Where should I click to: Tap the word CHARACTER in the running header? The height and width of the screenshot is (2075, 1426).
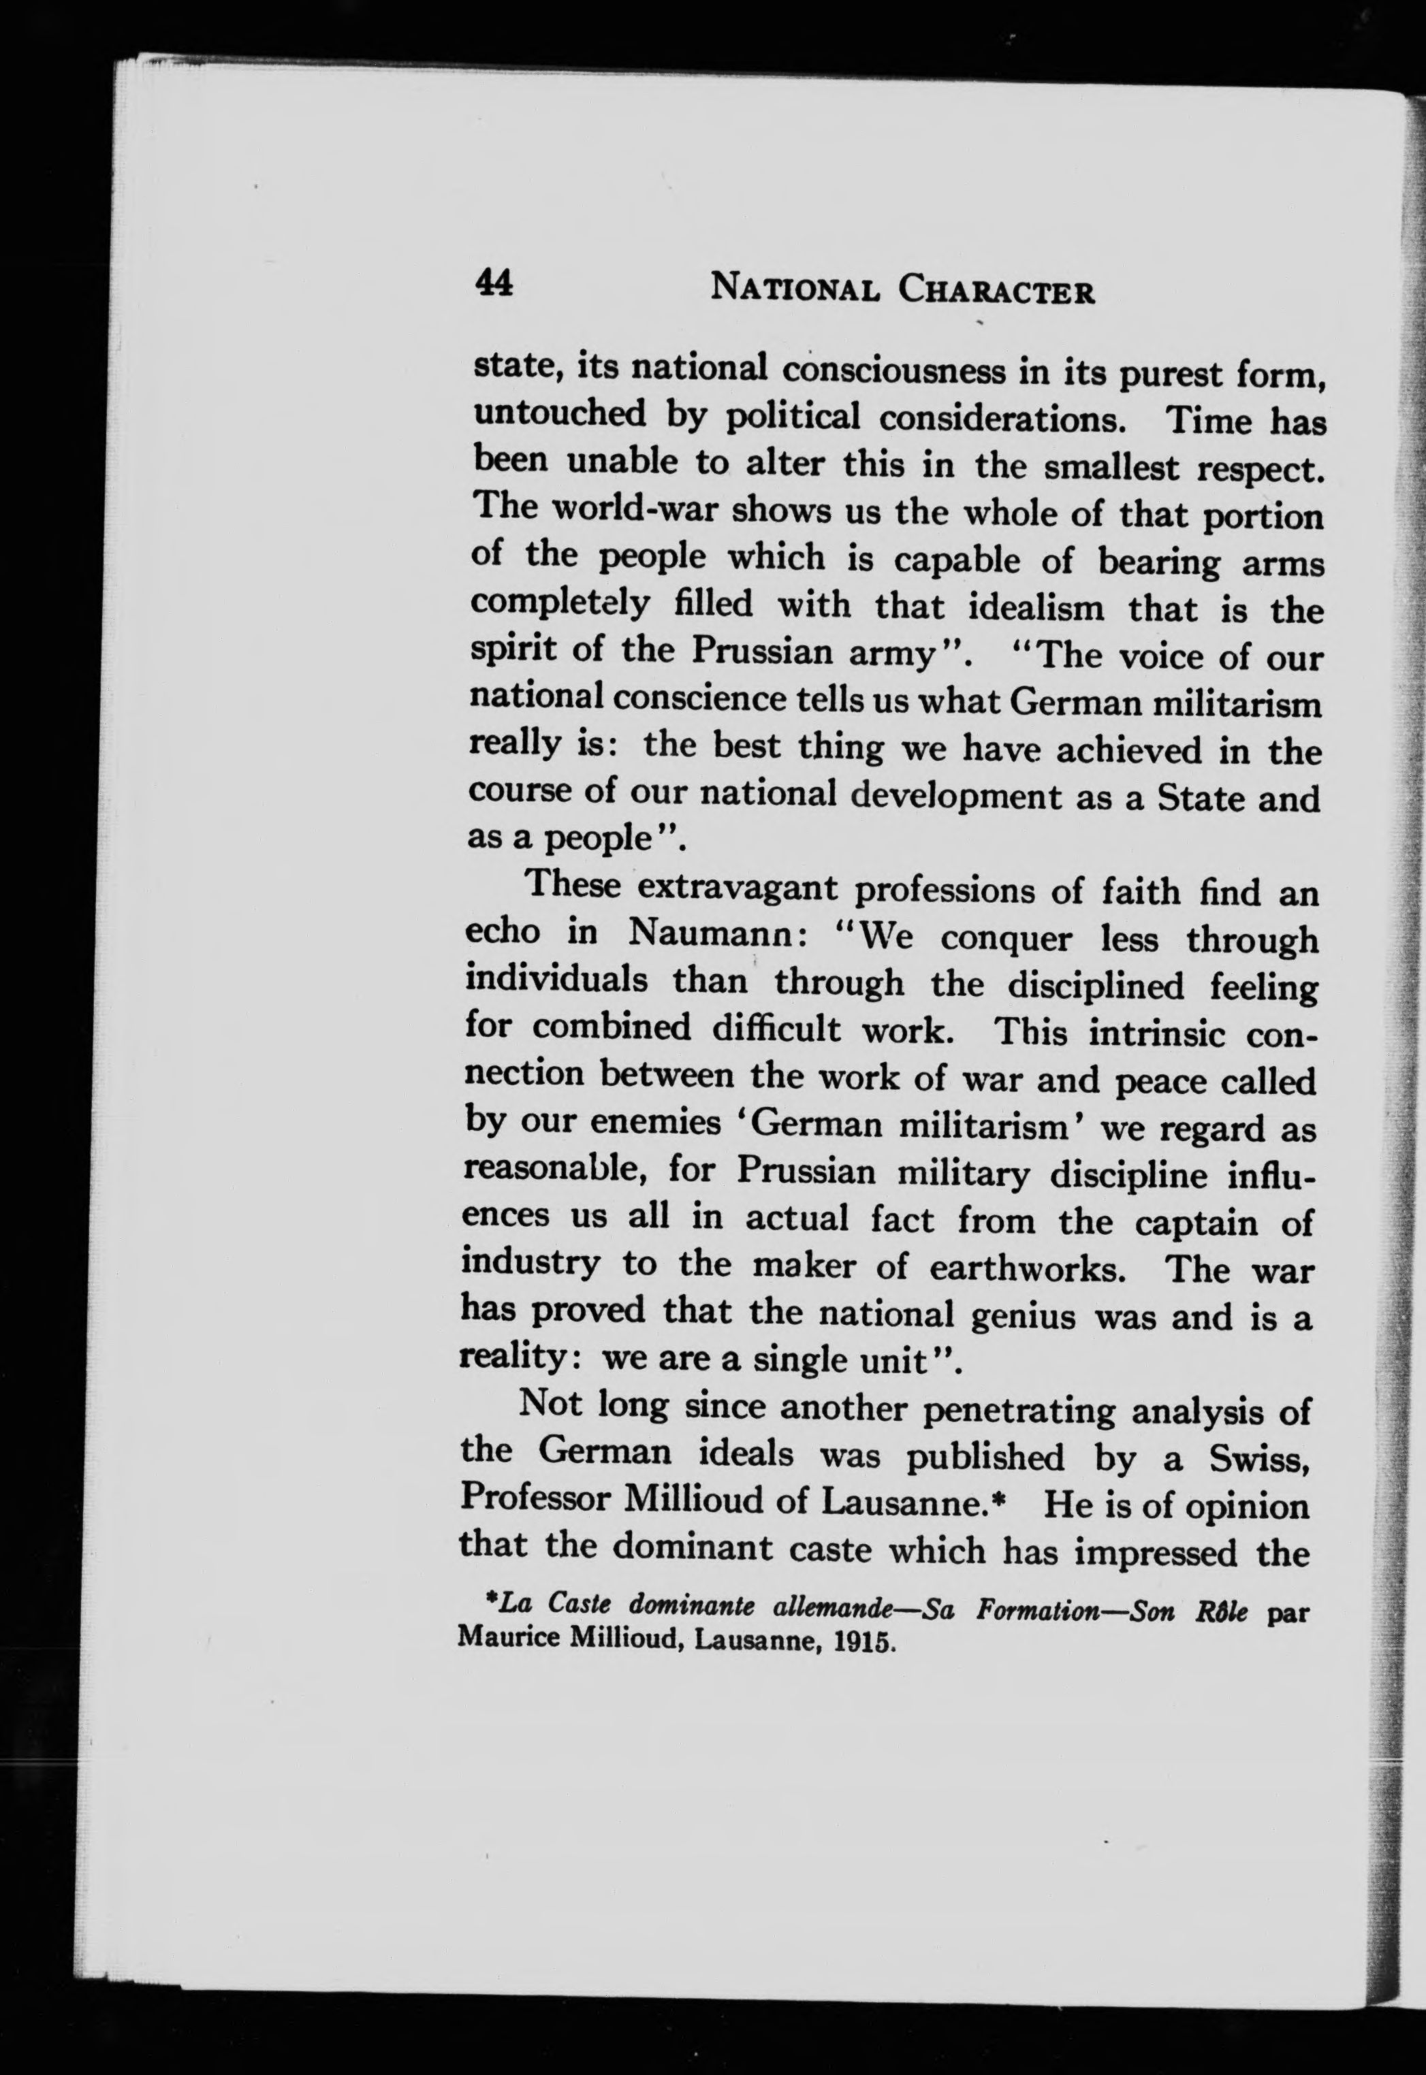click(997, 292)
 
